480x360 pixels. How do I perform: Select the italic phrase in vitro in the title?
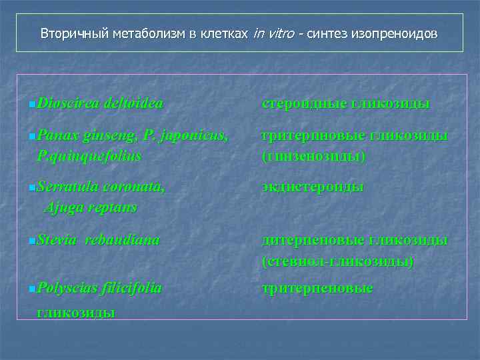274,33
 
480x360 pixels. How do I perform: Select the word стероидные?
304,103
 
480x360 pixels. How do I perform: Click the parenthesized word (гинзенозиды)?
314,156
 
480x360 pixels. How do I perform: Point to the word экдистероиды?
313,187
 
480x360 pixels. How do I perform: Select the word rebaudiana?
122,240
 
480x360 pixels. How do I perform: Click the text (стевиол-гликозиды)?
338,261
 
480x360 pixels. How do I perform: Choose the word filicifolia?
132,288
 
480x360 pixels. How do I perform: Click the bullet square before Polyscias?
33,289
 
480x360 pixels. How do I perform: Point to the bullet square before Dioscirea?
33,104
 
